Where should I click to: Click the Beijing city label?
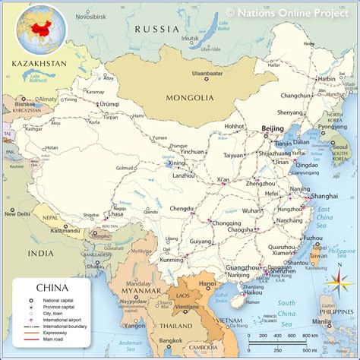tap(272, 128)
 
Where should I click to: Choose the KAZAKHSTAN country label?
tap(33, 64)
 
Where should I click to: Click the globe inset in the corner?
tap(36, 28)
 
